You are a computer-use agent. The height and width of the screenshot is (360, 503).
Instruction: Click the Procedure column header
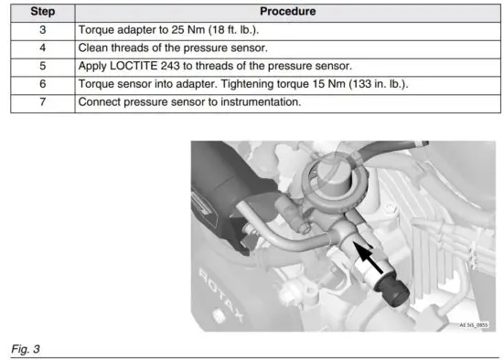point(287,13)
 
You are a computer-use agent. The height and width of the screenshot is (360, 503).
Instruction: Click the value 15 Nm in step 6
point(322,84)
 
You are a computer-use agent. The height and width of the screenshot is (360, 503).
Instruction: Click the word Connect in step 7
point(103,102)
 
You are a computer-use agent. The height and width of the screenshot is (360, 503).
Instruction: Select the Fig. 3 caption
point(26,349)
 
